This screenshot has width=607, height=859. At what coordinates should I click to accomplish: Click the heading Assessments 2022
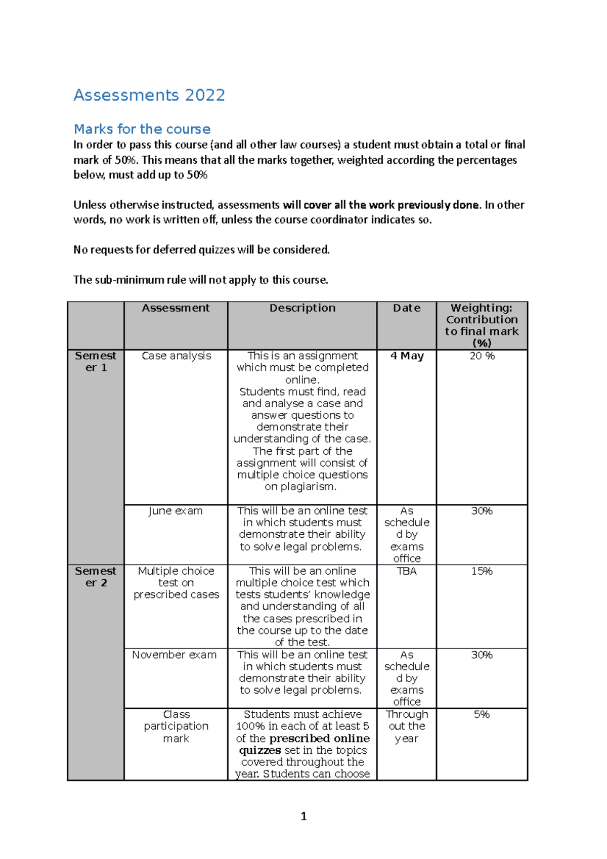pyautogui.click(x=149, y=95)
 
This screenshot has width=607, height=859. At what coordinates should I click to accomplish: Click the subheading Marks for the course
pyautogui.click(x=142, y=129)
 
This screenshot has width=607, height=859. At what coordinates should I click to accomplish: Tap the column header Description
pyautogui.click(x=302, y=308)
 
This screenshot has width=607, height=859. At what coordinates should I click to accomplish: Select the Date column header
pyautogui.click(x=406, y=308)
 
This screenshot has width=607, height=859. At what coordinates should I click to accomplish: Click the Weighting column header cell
pyautogui.click(x=482, y=325)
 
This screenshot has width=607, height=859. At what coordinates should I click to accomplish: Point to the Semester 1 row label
pyautogui.click(x=96, y=362)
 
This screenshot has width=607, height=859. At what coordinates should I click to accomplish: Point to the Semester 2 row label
pyautogui.click(x=96, y=577)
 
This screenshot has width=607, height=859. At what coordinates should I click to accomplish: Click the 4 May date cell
pyautogui.click(x=407, y=356)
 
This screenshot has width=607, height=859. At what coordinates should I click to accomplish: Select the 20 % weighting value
pyautogui.click(x=482, y=356)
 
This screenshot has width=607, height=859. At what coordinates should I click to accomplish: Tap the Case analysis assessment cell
pyautogui.click(x=176, y=356)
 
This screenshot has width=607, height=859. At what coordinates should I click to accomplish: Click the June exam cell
pyautogui.click(x=176, y=511)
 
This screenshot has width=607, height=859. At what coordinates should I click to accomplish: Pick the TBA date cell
pyautogui.click(x=407, y=571)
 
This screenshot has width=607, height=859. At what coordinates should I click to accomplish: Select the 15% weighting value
pyautogui.click(x=482, y=571)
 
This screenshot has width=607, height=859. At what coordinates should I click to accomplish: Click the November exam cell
pyautogui.click(x=175, y=655)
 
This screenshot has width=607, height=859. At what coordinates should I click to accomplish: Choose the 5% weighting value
pyautogui.click(x=482, y=714)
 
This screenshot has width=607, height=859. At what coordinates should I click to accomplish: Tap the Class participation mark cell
pyautogui.click(x=176, y=726)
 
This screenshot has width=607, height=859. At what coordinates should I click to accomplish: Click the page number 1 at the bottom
pyautogui.click(x=303, y=816)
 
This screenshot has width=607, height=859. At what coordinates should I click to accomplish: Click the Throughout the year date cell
pyautogui.click(x=407, y=726)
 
